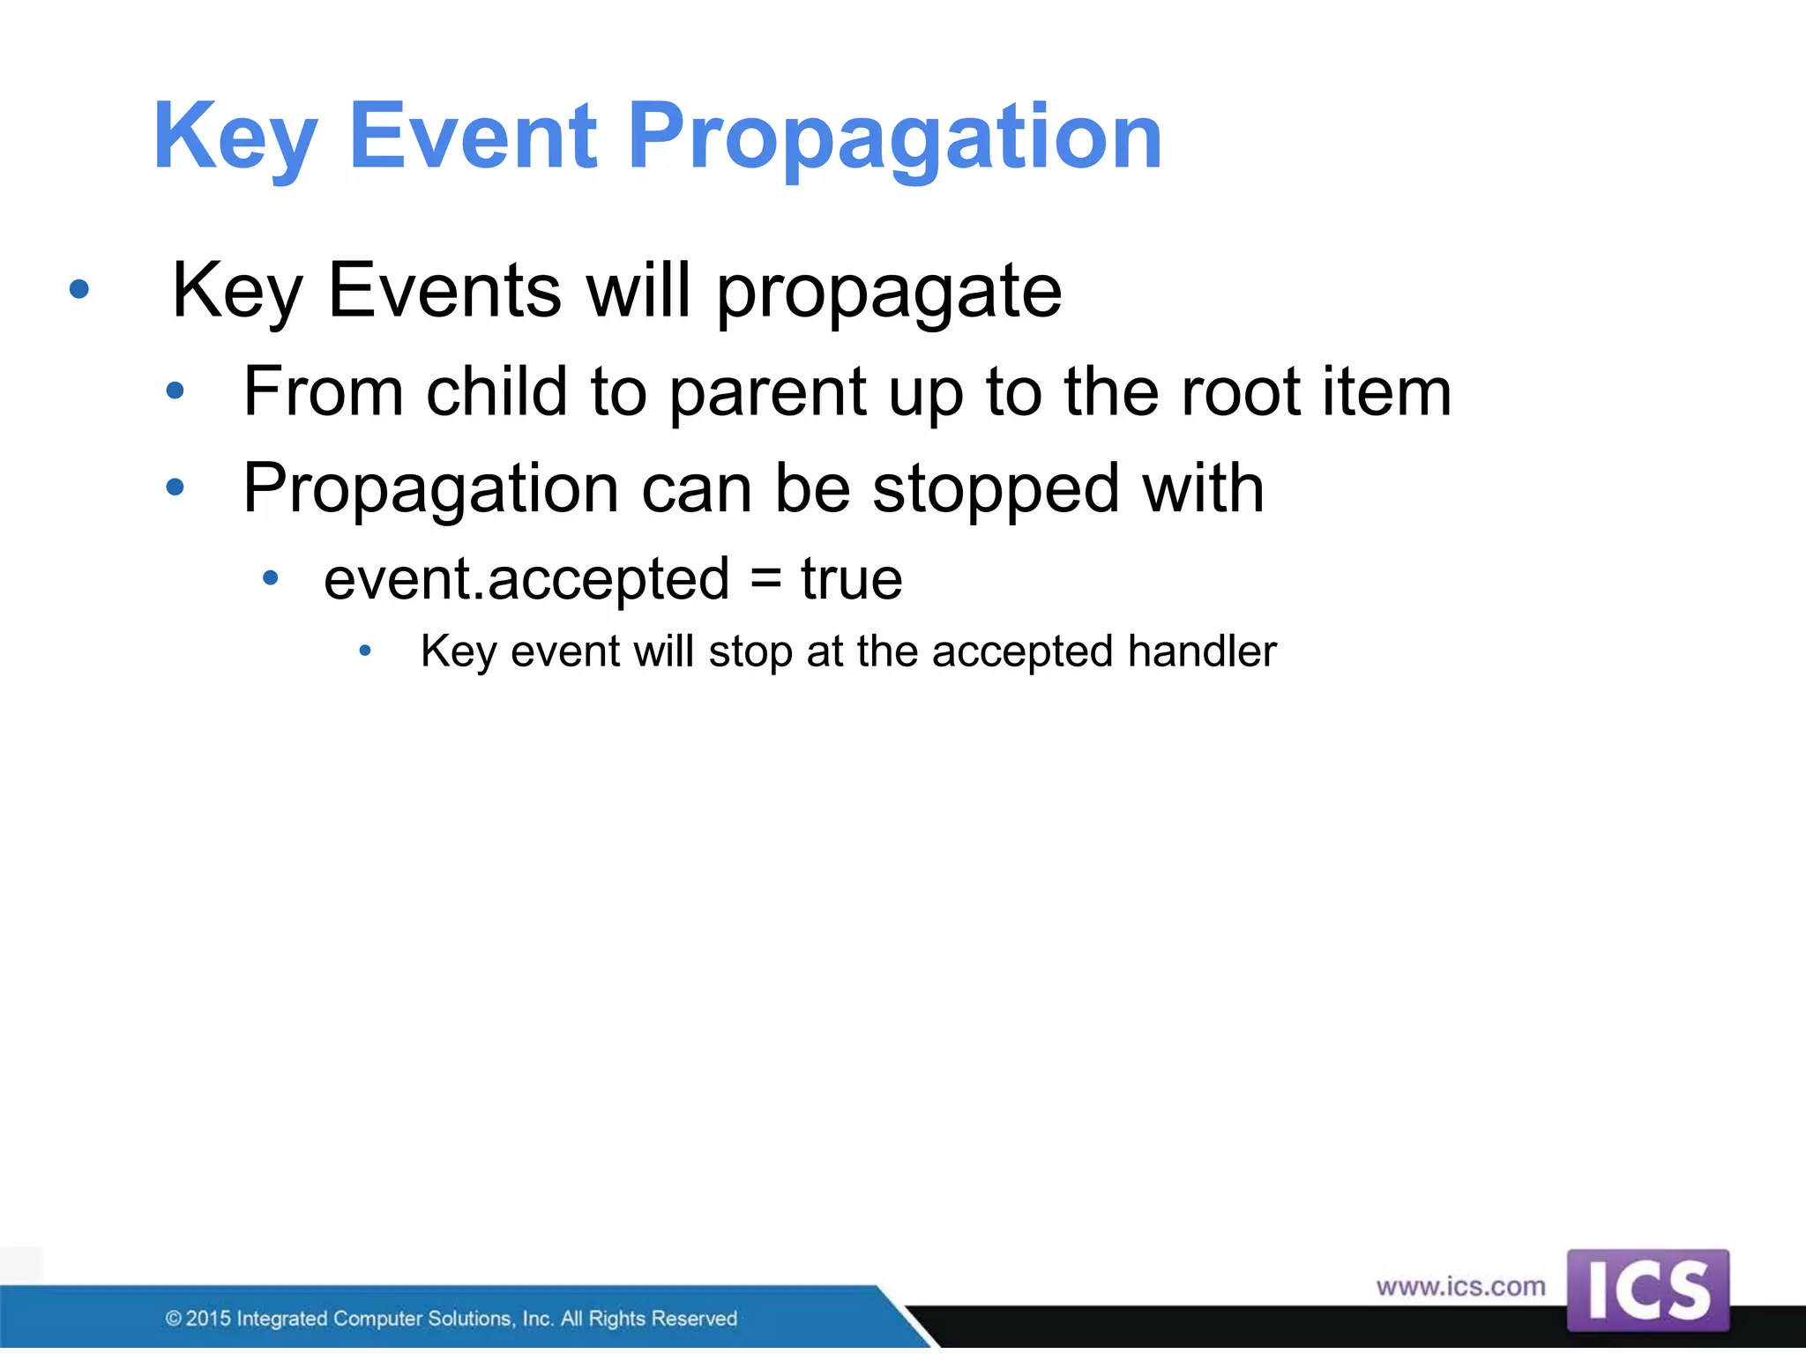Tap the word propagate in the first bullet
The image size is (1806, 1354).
[888, 293]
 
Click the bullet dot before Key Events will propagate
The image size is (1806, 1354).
[79, 289]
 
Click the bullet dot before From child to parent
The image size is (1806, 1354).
[175, 391]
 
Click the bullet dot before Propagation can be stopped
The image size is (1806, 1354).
[175, 487]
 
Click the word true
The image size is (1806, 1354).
[851, 580]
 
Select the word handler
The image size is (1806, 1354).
[1201, 651]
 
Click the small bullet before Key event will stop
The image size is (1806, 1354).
[365, 651]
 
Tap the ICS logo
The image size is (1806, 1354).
[1647, 1290]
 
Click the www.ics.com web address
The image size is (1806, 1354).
[1460, 1286]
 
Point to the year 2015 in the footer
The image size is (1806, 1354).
[208, 1319]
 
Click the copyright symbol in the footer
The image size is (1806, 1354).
[174, 1319]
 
